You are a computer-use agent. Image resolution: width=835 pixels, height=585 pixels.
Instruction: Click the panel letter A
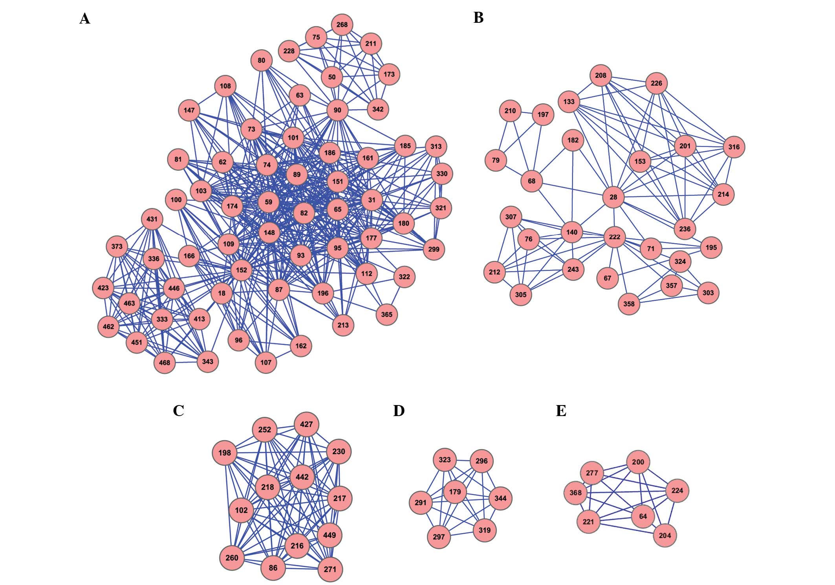click(85, 18)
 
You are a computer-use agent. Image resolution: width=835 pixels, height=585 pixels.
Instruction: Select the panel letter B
click(478, 18)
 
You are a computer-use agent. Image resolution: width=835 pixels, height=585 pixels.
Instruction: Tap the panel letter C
click(178, 411)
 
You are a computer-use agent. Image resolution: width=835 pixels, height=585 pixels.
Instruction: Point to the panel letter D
click(399, 411)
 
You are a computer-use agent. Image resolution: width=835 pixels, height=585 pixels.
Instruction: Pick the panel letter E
click(561, 411)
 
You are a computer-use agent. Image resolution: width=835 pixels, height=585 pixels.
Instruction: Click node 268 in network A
click(342, 25)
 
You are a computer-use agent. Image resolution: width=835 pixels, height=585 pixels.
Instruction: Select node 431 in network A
click(152, 219)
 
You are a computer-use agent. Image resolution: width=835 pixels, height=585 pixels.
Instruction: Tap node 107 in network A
click(266, 362)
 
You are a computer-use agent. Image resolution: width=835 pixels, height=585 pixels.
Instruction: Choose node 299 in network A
click(434, 249)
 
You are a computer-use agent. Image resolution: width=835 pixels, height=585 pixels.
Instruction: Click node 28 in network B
click(613, 197)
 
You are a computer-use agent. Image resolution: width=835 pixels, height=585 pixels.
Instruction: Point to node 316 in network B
click(734, 147)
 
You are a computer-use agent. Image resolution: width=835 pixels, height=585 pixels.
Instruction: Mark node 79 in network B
click(496, 160)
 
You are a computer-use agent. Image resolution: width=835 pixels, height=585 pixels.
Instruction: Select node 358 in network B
click(629, 304)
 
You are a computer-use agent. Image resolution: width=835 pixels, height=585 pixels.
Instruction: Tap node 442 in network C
click(302, 477)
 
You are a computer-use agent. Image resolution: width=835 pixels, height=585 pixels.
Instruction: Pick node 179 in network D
click(455, 492)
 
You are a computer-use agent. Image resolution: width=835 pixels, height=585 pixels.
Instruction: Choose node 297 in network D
click(439, 537)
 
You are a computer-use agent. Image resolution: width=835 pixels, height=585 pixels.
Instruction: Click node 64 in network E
click(643, 516)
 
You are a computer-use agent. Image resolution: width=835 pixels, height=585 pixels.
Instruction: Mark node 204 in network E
click(665, 535)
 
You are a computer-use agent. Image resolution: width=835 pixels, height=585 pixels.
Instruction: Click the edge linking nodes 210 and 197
click(527, 113)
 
